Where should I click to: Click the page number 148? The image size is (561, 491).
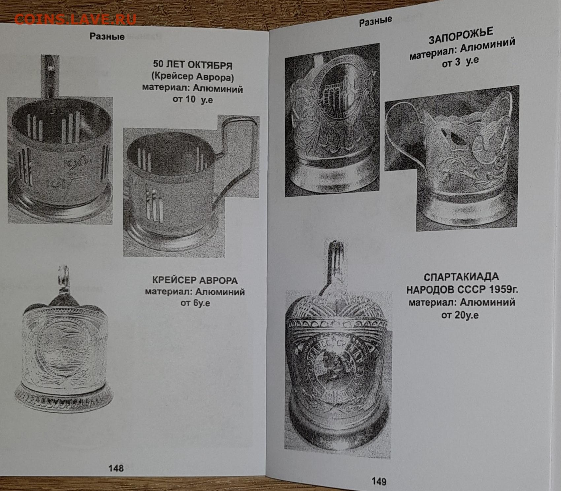[x=116, y=468]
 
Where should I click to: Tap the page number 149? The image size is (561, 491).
[x=379, y=481]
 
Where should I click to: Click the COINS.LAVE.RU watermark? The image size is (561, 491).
[x=75, y=20]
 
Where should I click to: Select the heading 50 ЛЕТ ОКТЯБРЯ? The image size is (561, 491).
[x=193, y=65]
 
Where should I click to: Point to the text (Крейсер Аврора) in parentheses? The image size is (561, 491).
[x=193, y=77]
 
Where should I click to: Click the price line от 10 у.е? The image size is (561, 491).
[x=193, y=99]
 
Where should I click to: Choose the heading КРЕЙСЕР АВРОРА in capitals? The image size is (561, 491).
[x=195, y=280]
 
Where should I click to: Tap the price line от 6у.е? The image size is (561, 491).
[x=195, y=303]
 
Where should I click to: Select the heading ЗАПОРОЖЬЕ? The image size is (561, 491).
[x=461, y=36]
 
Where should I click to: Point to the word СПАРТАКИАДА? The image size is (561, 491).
[x=461, y=277]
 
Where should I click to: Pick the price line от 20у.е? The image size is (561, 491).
[x=460, y=315]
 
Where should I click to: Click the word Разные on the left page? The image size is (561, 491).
[x=107, y=36]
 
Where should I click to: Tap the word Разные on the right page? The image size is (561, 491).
[x=376, y=21]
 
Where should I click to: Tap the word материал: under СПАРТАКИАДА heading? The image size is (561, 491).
[x=432, y=303]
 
